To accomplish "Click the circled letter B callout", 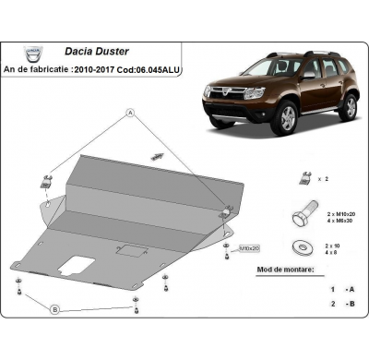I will tap(54, 308).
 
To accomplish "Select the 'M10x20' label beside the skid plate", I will tap(249, 248).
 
